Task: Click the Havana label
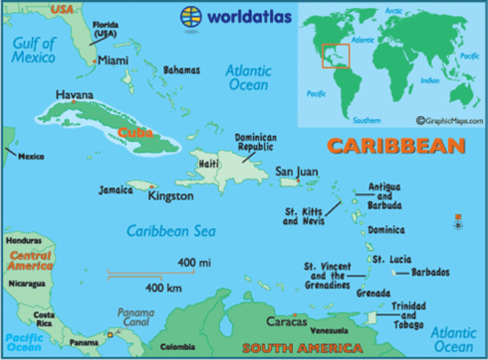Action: point(75,95)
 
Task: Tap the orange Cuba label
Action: point(136,133)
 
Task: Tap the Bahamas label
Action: point(181,70)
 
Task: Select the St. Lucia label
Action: point(390,259)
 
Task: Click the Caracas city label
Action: point(286,321)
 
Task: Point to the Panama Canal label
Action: point(135,317)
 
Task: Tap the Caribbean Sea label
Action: point(171,231)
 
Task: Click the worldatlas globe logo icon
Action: point(191,15)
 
